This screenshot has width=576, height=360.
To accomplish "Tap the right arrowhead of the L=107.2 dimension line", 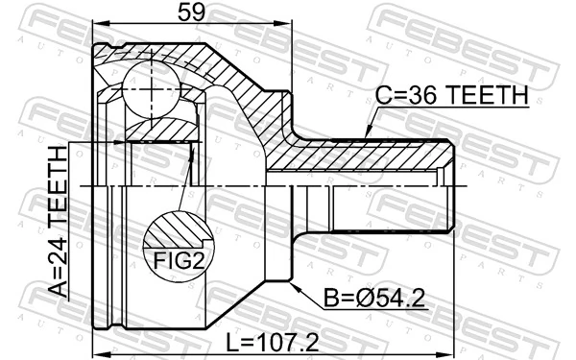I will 451,352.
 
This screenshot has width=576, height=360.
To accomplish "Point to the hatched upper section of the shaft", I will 365,154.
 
